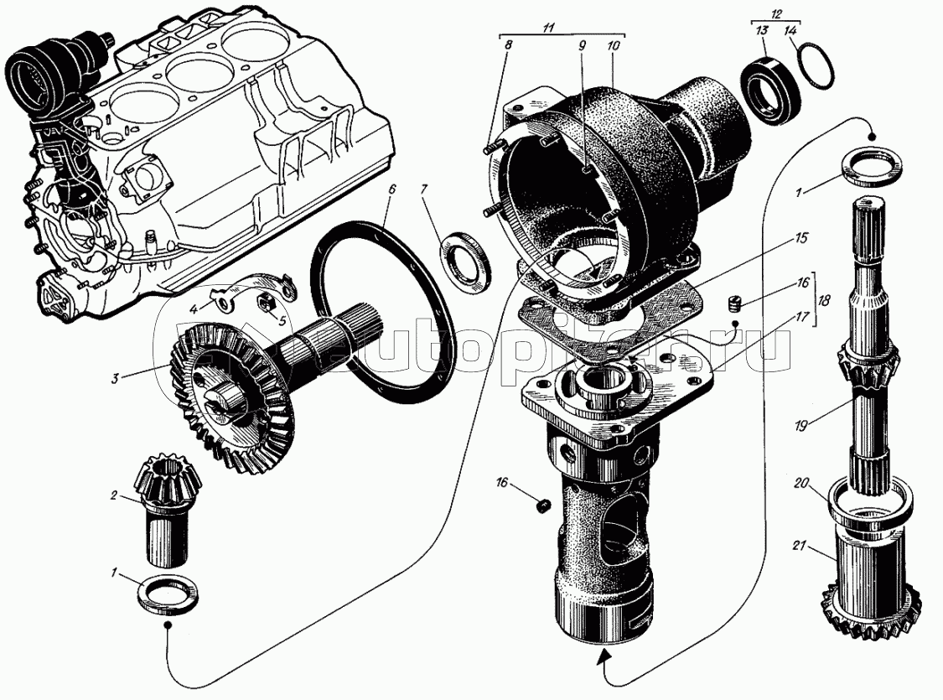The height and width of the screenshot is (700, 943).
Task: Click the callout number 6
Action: pyautogui.click(x=391, y=189)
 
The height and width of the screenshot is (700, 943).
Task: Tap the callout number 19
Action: pyautogui.click(x=801, y=427)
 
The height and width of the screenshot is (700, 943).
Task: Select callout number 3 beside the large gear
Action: pyautogui.click(x=114, y=379)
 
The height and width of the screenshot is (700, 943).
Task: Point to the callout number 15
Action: pyautogui.click(x=801, y=238)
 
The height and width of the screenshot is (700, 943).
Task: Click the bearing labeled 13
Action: pyautogui.click(x=771, y=91)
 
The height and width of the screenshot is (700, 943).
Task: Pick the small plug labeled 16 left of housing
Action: pyautogui.click(x=544, y=507)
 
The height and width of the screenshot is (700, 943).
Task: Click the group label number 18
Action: pyautogui.click(x=823, y=299)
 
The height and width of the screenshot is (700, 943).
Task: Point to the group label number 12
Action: pyautogui.click(x=776, y=13)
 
